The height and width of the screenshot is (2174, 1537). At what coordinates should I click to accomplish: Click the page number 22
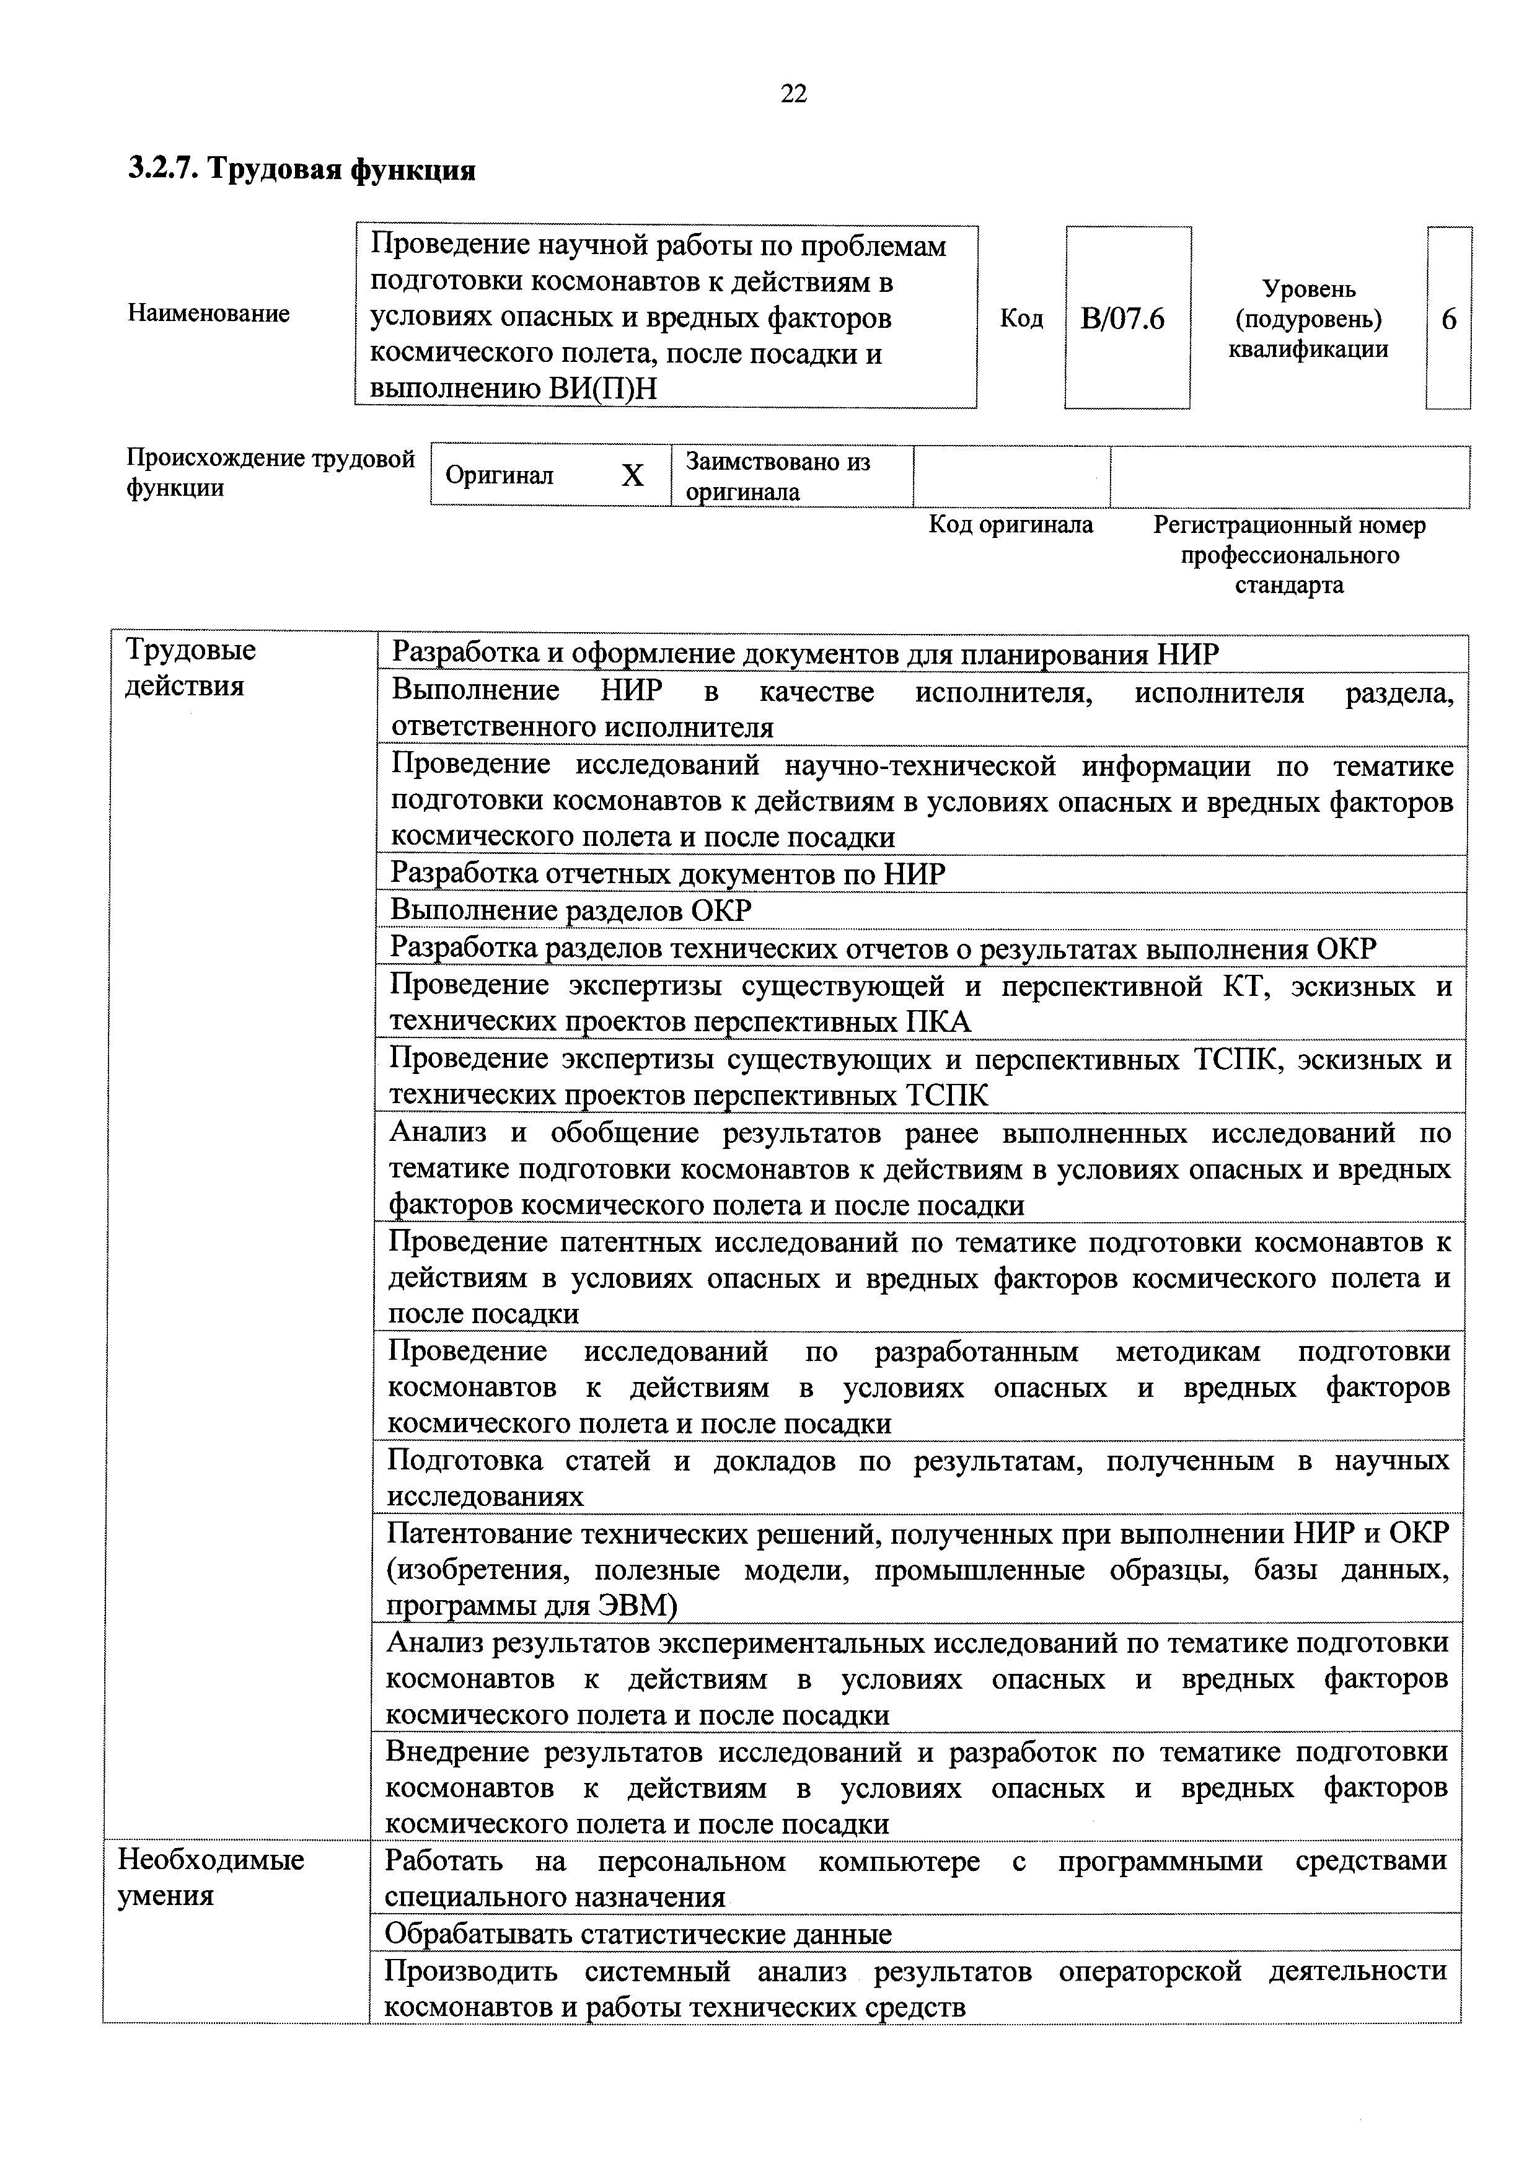(x=793, y=93)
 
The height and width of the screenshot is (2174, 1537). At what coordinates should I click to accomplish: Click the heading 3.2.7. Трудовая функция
(x=301, y=170)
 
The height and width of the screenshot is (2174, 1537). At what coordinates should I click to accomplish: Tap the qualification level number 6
(x=1449, y=319)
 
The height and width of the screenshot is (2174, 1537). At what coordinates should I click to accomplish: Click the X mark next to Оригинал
(x=632, y=475)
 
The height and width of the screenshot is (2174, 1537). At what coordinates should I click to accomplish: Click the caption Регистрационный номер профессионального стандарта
(x=1289, y=555)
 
